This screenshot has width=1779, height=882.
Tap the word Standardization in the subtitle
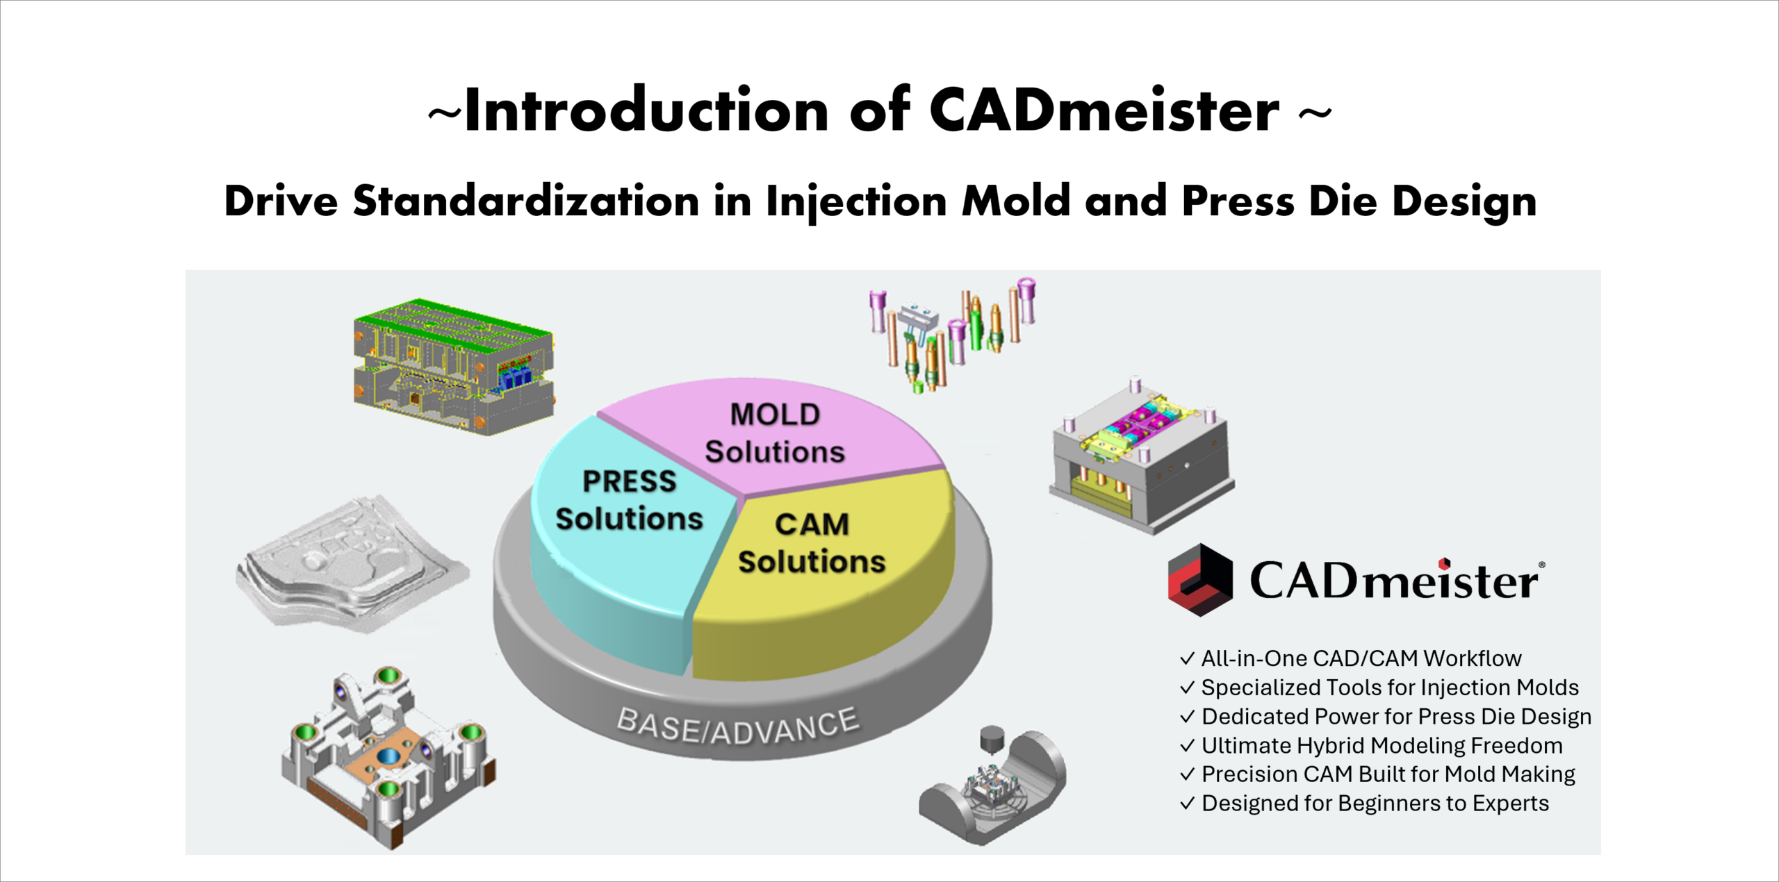coord(525,201)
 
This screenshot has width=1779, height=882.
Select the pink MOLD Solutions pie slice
coord(774,433)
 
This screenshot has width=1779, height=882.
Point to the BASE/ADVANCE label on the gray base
coord(738,726)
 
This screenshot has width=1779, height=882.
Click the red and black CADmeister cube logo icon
coord(1200,580)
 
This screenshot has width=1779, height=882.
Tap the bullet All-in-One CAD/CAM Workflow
coord(1360,658)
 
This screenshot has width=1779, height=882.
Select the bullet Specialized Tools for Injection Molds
coord(1389,688)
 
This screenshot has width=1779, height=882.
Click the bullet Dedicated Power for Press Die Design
coord(1395,717)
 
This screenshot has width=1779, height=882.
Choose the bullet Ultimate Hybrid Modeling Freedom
coord(1381,746)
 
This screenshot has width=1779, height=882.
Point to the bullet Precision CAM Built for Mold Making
coord(1387,774)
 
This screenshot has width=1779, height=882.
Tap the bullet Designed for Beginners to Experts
coord(1375,804)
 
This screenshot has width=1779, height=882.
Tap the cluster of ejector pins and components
coord(952,333)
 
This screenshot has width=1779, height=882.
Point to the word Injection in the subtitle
coord(856,201)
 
